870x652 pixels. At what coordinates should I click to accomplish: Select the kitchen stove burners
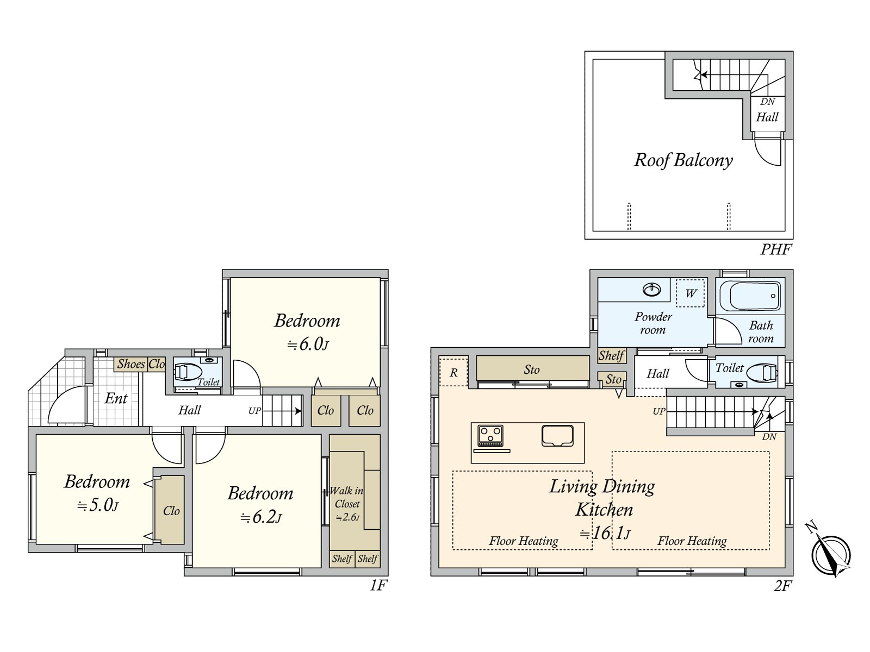tap(490, 436)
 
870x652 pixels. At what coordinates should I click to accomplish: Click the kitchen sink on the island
tap(557, 435)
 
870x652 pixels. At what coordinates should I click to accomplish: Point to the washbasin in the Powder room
tap(651, 290)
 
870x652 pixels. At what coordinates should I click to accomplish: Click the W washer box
tap(690, 293)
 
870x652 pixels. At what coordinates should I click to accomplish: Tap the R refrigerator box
tap(453, 372)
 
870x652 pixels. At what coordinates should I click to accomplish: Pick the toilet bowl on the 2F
tap(761, 373)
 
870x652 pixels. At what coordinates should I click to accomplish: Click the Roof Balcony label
tap(683, 160)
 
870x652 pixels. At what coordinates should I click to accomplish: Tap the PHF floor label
tap(776, 249)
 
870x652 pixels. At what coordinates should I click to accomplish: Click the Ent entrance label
tap(116, 398)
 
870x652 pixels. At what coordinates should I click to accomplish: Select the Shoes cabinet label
tap(131, 364)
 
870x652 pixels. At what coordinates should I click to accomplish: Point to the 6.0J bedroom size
tap(308, 344)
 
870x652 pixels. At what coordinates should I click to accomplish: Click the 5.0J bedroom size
tap(97, 505)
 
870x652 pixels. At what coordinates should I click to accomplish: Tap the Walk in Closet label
tap(347, 497)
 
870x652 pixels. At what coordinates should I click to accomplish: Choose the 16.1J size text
tap(605, 533)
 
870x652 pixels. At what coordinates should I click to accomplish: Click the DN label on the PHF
tap(767, 102)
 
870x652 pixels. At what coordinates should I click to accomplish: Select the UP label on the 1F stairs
tap(254, 411)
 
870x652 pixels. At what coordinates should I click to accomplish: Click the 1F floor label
tap(378, 585)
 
